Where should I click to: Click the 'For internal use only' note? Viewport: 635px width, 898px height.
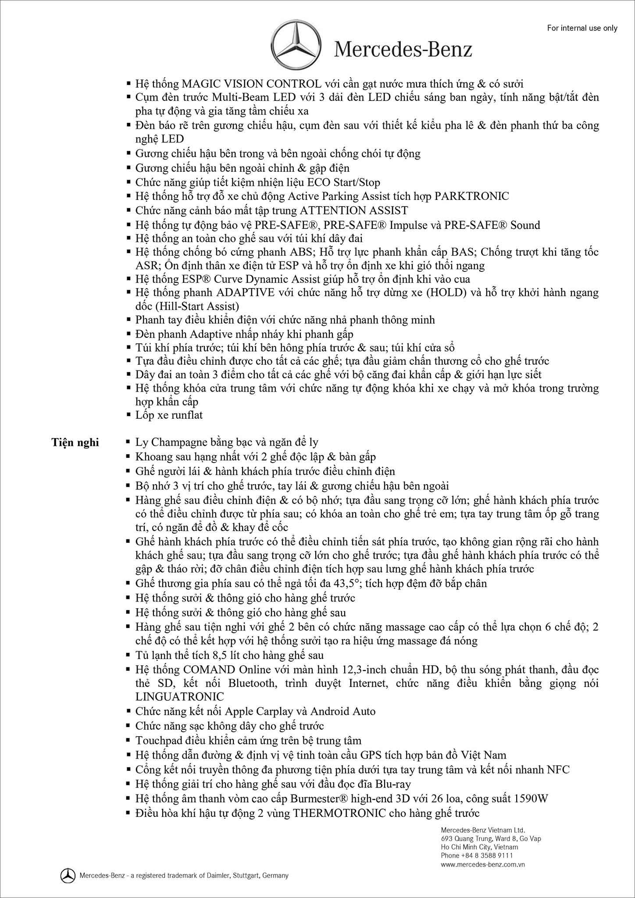pos(582,28)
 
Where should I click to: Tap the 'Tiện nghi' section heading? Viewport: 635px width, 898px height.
pos(75,442)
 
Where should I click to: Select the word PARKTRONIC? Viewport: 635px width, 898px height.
pos(471,196)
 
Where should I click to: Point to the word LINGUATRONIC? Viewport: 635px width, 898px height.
pos(179,697)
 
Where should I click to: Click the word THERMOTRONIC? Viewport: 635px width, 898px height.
pos(339,813)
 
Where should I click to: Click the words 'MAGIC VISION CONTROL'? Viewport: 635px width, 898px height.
pos(251,84)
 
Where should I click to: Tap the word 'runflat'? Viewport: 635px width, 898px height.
pos(185,415)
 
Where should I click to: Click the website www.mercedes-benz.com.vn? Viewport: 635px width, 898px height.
pos(483,865)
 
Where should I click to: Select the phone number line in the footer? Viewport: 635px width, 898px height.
pos(477,855)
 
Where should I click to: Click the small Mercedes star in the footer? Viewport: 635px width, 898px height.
pos(68,876)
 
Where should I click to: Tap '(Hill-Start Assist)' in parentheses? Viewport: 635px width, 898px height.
pos(187,306)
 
